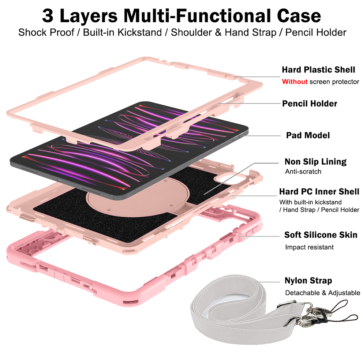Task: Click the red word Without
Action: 295,82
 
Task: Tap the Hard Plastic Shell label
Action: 318,70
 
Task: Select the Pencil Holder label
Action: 310,104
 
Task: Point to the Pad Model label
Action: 308,135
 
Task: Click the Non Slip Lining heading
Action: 315,162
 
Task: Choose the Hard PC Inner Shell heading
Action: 319,191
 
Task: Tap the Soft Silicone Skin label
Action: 321,235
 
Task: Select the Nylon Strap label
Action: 308,281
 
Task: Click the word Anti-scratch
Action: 303,172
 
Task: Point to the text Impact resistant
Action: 309,247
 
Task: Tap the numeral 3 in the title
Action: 48,16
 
